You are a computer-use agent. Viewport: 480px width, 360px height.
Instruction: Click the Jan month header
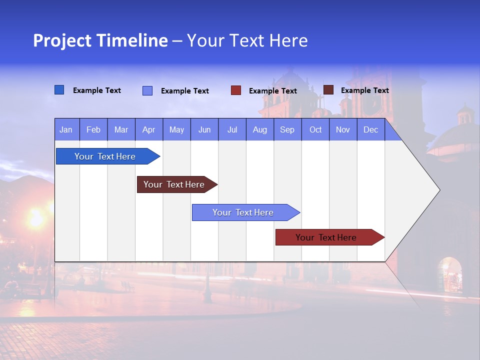click(66, 129)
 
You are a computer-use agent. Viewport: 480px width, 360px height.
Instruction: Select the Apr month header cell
click(148, 129)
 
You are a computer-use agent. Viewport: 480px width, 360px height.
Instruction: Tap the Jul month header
click(232, 129)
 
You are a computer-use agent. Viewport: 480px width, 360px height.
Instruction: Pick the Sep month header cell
click(287, 129)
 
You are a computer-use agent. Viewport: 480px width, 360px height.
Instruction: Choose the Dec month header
click(370, 129)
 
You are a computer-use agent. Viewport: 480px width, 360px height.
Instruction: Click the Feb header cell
click(93, 129)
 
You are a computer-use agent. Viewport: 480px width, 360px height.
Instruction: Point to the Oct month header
click(315, 129)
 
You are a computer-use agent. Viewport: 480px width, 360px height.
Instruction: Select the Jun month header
click(204, 129)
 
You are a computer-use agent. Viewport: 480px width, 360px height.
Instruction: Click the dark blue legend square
click(59, 90)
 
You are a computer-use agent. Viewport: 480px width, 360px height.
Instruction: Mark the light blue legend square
click(147, 90)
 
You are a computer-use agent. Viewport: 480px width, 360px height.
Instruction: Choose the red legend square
click(236, 90)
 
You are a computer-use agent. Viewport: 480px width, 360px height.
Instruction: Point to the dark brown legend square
click(328, 90)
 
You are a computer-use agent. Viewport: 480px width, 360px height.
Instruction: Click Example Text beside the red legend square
click(272, 91)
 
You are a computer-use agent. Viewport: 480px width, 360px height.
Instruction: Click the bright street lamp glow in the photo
click(36, 219)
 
